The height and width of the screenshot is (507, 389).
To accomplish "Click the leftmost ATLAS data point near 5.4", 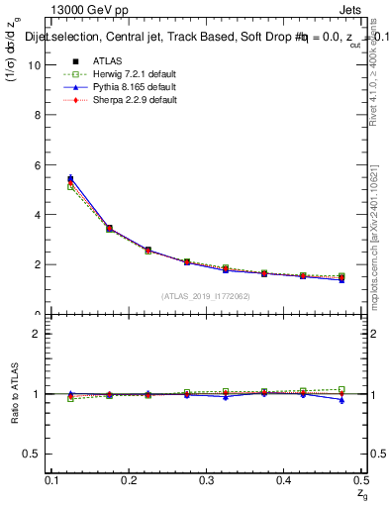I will pos(70,179).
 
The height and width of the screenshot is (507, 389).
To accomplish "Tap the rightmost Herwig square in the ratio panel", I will pos(341,389).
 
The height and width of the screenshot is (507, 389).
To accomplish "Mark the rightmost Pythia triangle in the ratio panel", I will pos(341,400).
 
